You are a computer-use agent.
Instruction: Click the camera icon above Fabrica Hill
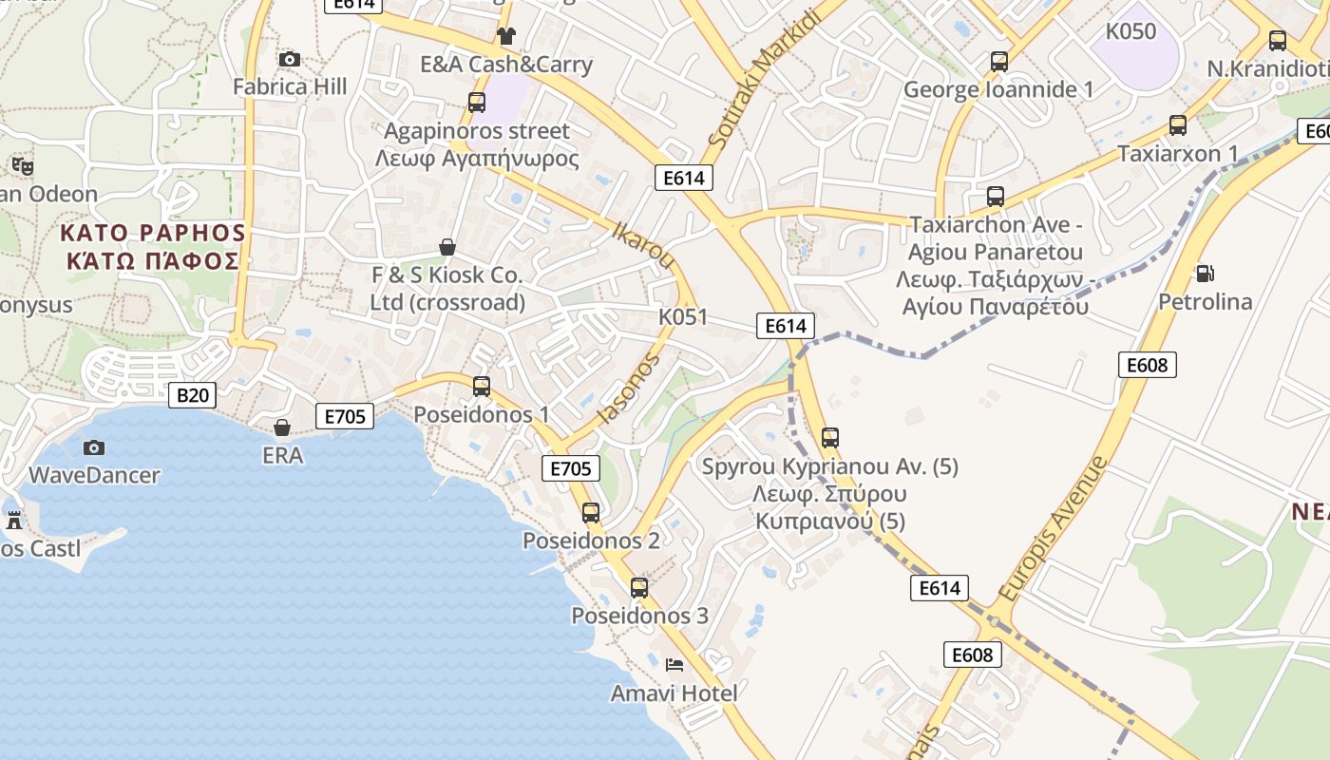[x=290, y=60]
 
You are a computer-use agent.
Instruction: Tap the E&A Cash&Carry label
[x=506, y=65]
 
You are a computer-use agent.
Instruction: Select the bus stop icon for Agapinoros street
[x=477, y=103]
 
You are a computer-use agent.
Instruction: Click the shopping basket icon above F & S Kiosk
[x=447, y=248]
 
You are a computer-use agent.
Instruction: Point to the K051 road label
[x=683, y=316]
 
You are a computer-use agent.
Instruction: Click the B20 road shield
[x=192, y=395]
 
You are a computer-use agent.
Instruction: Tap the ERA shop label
[x=283, y=456]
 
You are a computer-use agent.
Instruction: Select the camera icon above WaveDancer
[x=94, y=447]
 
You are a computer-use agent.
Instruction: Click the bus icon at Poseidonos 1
[x=482, y=387]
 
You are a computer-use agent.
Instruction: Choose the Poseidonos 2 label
[x=591, y=541]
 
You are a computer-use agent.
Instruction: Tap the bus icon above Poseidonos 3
[x=639, y=588]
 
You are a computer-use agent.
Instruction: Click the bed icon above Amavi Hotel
[x=674, y=665]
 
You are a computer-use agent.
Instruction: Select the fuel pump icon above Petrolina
[x=1205, y=274]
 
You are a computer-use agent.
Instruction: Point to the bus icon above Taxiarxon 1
[x=1178, y=125]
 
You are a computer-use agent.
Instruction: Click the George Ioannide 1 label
[x=998, y=90]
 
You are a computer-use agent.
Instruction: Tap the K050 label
[x=1130, y=31]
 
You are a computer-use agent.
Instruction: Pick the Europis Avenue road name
[x=1054, y=528]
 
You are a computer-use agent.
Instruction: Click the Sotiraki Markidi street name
[x=763, y=79]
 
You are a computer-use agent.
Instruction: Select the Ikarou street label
[x=644, y=245]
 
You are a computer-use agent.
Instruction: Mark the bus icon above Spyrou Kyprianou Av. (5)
[x=830, y=438]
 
